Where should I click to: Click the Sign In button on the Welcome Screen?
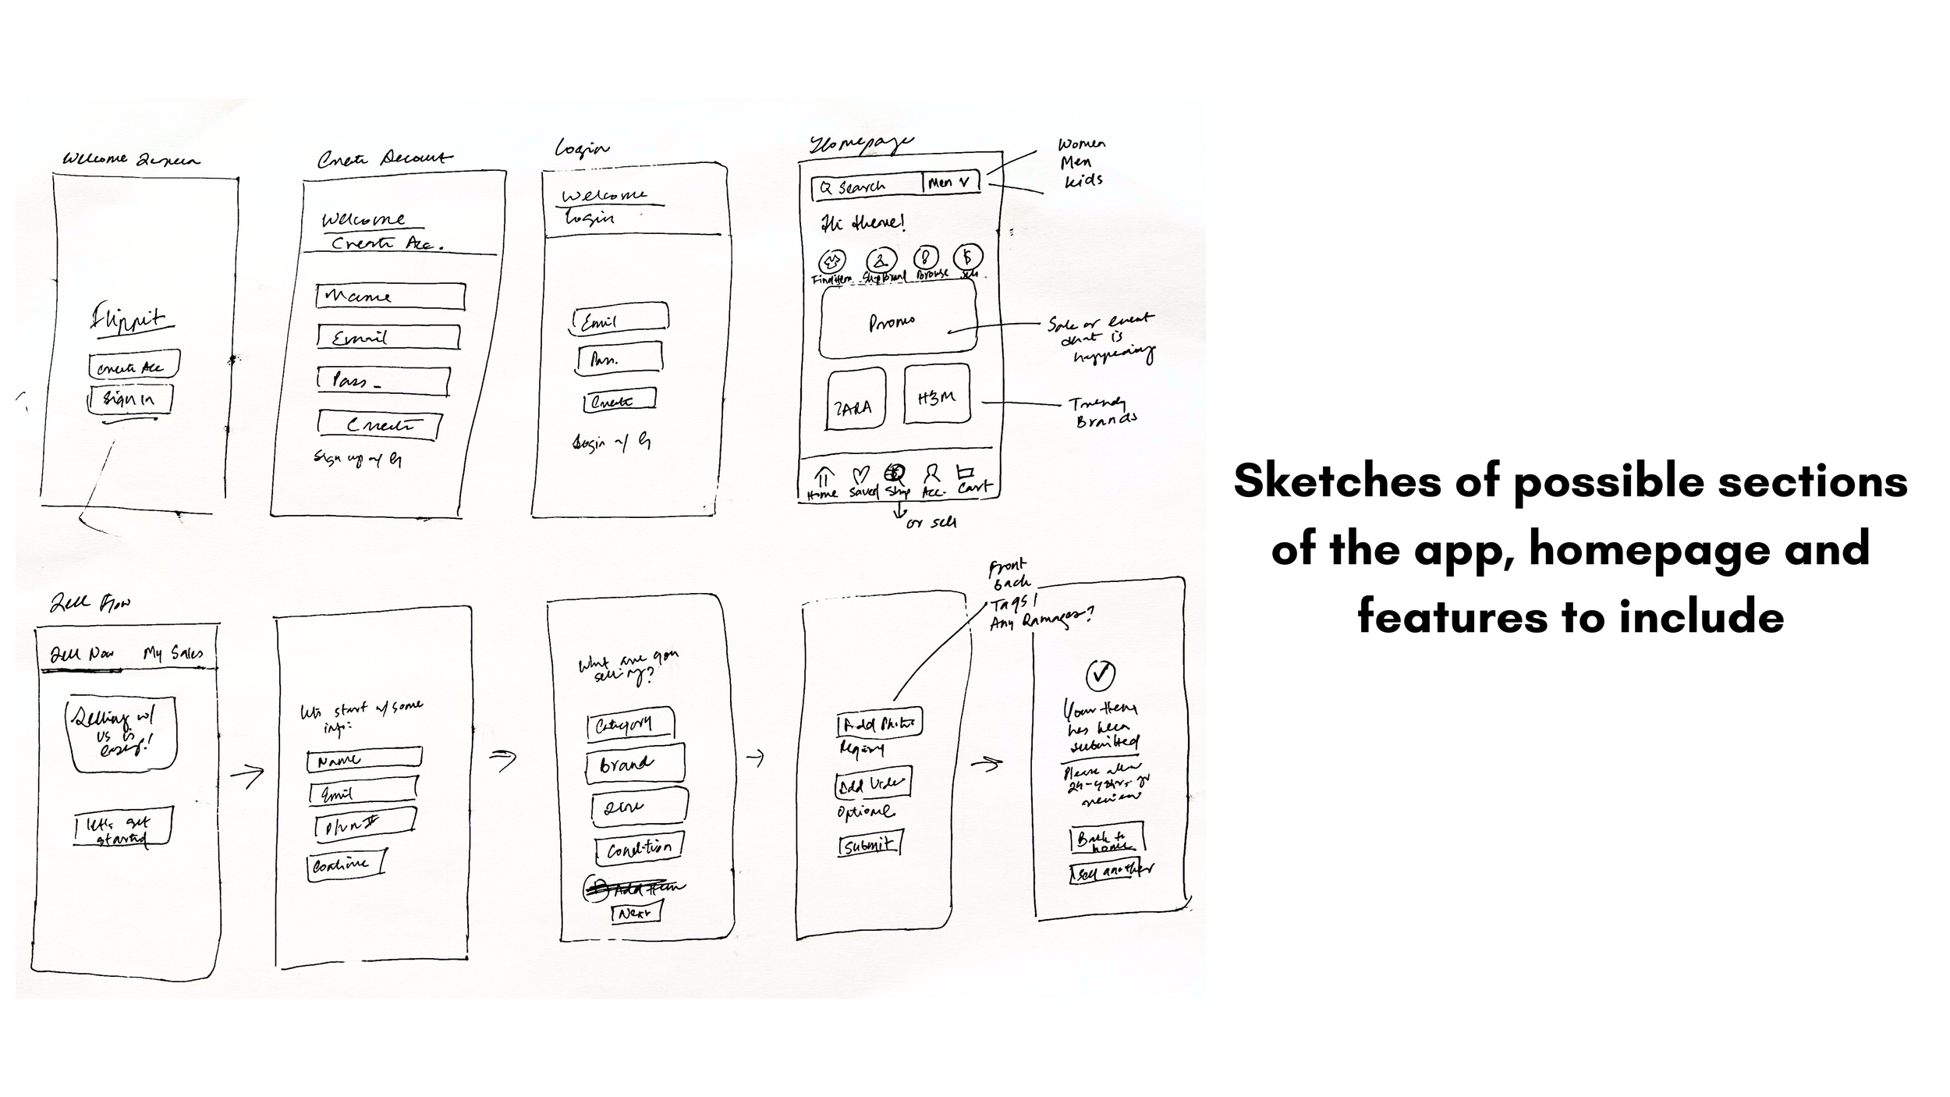click(x=130, y=399)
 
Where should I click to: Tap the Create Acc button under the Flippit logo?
click(x=133, y=365)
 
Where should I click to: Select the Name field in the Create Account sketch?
click(x=390, y=296)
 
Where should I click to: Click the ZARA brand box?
click(x=856, y=399)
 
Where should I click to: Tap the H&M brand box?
click(x=937, y=396)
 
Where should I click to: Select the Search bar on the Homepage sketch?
click(x=866, y=186)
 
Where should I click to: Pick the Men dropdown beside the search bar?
click(x=950, y=183)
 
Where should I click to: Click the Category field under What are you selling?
click(x=629, y=725)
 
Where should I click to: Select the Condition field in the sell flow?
click(x=639, y=848)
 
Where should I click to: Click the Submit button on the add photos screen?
click(x=870, y=845)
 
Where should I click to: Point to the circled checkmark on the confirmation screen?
click(x=1100, y=674)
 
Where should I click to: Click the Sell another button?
click(x=1111, y=871)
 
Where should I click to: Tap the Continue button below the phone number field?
click(x=346, y=864)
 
